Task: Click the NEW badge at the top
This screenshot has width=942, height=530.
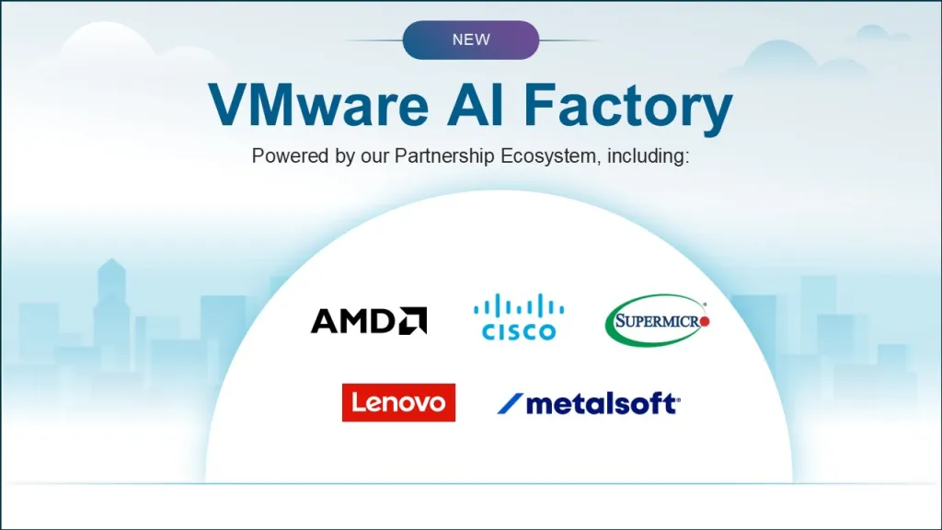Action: [x=471, y=40]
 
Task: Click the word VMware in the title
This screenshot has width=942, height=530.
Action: [x=318, y=105]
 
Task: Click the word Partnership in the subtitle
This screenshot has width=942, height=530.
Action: [x=444, y=156]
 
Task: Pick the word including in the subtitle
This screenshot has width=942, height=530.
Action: [x=648, y=156]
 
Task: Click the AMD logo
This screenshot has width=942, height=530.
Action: [x=369, y=320]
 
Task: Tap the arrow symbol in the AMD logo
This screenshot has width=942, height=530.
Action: [x=413, y=320]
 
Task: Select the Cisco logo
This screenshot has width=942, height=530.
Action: [x=519, y=317]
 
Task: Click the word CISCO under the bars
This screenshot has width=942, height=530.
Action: [x=519, y=331]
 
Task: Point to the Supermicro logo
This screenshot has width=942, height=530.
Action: [x=657, y=320]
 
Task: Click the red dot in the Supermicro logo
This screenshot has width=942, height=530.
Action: [x=704, y=321]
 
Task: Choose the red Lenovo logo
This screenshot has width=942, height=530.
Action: [x=398, y=403]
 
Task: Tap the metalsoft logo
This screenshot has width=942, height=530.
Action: [x=589, y=403]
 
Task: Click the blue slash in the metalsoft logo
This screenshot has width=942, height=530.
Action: [x=510, y=404]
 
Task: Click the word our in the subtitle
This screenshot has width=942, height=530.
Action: [x=374, y=157]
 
